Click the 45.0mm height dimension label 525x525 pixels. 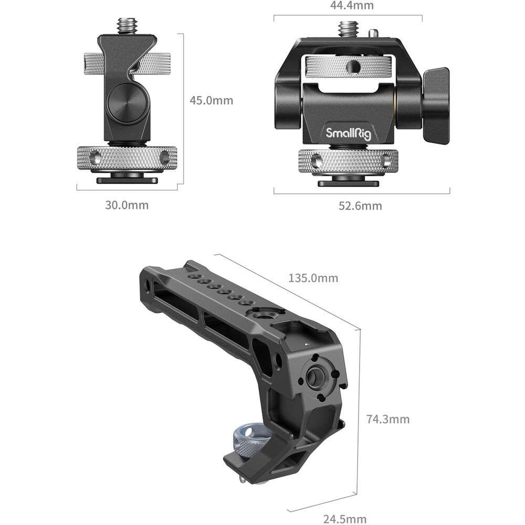pyautogui.click(x=211, y=100)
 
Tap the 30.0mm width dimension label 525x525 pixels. pyautogui.click(x=127, y=205)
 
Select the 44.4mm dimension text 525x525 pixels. pyautogui.click(x=352, y=5)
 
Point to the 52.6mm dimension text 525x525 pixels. pyautogui.click(x=360, y=206)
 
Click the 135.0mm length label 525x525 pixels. pyautogui.click(x=313, y=278)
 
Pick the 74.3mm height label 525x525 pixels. pyautogui.click(x=388, y=419)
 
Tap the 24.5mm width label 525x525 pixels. pyautogui.click(x=345, y=519)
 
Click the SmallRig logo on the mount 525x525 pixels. pyautogui.click(x=349, y=133)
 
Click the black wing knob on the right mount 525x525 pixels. pyautogui.click(x=436, y=106)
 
